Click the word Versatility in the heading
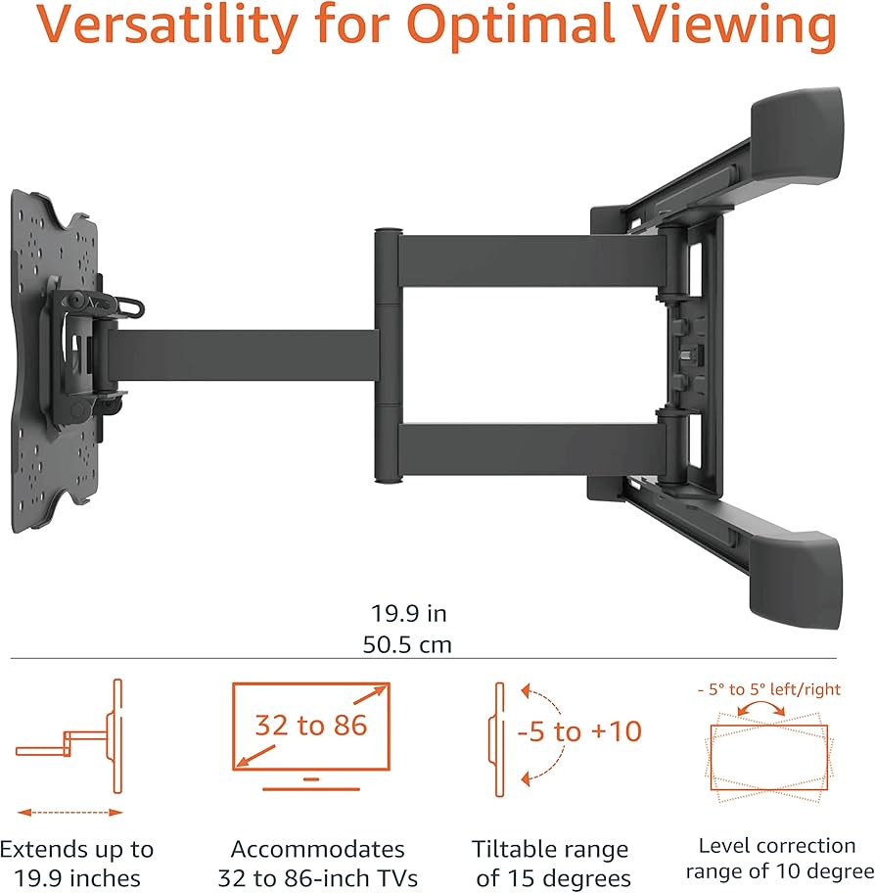pos(167,26)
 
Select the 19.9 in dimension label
pos(409,613)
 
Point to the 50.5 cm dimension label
pos(407,644)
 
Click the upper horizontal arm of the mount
pos(532,260)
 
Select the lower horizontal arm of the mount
pos(532,449)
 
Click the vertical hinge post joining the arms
pos(389,356)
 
